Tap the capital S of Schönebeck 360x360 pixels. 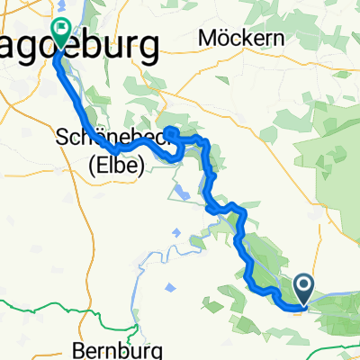point(63,139)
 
